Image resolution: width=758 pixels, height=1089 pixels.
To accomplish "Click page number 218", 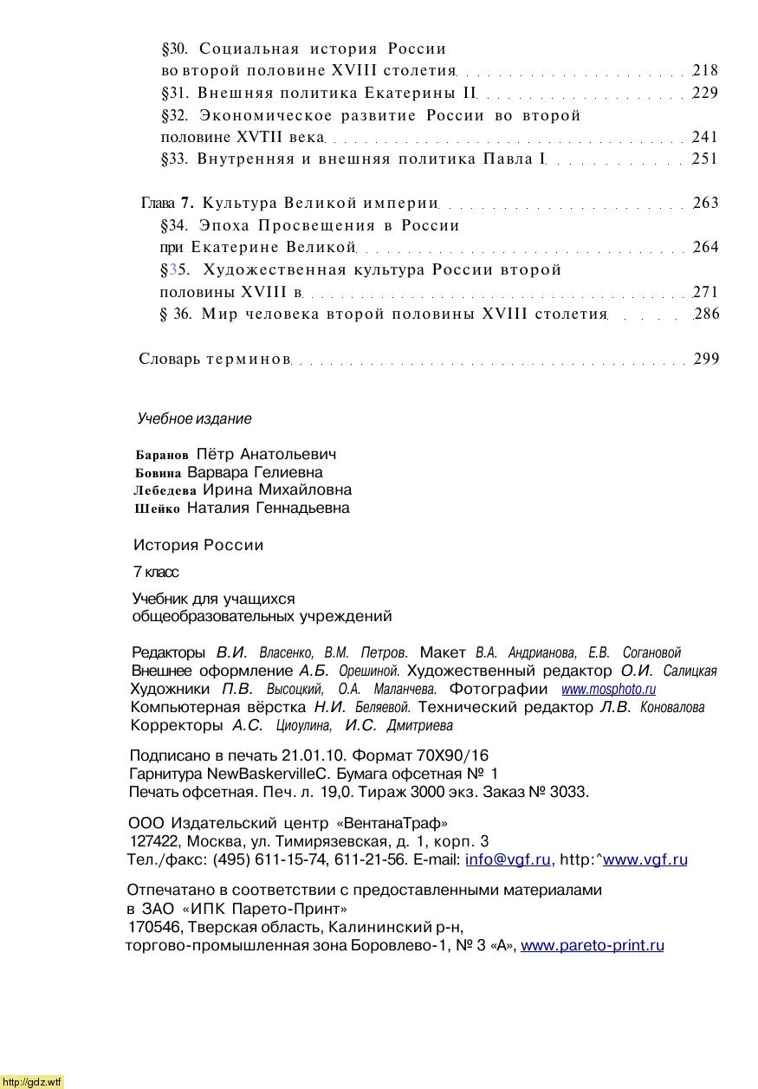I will [705, 70].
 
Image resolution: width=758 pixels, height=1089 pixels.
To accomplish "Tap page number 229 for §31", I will [705, 93].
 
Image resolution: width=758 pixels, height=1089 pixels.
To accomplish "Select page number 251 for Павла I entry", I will [705, 159].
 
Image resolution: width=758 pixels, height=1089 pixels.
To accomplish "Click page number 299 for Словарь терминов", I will [706, 359].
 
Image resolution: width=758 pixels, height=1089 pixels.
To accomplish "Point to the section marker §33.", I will [175, 159].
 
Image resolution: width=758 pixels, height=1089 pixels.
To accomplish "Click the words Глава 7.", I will [168, 204].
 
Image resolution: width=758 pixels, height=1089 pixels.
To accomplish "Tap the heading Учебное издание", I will [195, 419].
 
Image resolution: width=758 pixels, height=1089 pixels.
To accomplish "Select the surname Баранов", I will [162, 455].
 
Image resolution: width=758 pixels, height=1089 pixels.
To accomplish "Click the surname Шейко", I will [158, 509].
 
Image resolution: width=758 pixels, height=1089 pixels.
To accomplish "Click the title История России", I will [198, 545].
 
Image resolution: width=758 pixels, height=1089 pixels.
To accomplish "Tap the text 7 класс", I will [156, 573].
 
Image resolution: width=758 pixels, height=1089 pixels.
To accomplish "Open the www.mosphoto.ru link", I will [608, 690].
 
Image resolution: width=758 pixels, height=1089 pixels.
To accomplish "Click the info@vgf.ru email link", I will [508, 859].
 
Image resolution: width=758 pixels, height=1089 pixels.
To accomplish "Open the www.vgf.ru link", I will [645, 859].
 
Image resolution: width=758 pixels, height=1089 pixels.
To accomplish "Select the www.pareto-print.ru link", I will [593, 945].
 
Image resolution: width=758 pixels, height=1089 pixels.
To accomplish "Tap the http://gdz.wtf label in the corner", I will [32, 1082].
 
